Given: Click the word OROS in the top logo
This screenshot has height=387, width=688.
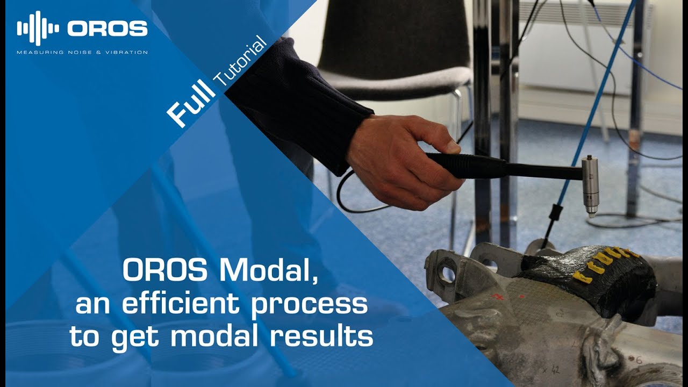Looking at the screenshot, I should [x=107, y=28].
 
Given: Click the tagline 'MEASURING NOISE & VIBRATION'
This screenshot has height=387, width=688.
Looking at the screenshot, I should [x=82, y=52].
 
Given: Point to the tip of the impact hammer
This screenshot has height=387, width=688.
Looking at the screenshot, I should [x=591, y=213].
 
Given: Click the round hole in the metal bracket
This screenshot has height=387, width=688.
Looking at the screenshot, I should [x=445, y=272].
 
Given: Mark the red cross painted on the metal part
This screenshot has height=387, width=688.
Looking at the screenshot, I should [x=498, y=296].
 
